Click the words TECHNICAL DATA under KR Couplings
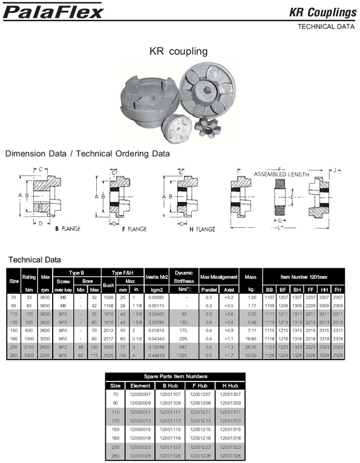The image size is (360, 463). [x=324, y=27]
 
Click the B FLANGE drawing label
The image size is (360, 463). [x=68, y=229]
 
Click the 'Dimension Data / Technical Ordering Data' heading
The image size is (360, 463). [x=87, y=154]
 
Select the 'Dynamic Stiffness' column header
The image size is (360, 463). [x=183, y=276]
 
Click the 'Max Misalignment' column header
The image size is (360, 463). [x=218, y=276]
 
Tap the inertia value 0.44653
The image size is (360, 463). [x=156, y=339]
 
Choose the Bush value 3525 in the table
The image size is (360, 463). [x=109, y=339]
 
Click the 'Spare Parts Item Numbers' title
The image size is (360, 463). [x=179, y=376]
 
